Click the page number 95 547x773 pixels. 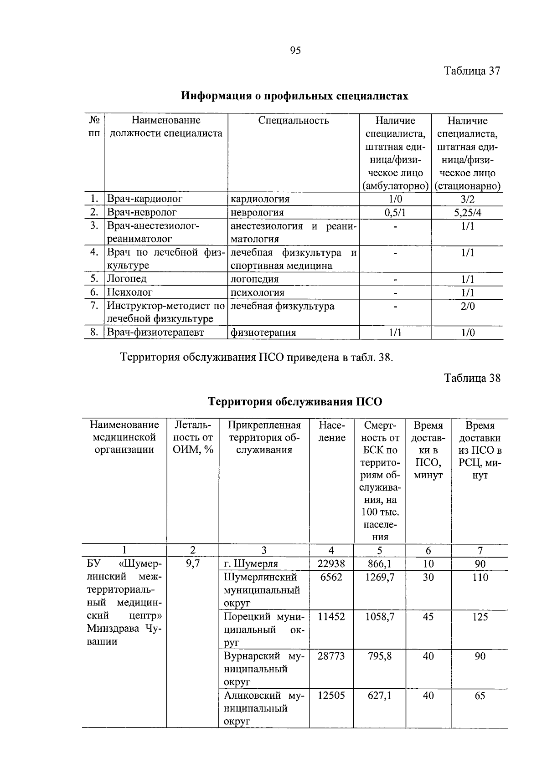point(295,51)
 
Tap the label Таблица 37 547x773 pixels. point(472,71)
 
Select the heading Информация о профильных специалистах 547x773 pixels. point(294,96)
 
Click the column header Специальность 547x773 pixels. point(293,121)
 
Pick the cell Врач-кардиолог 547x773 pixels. point(144,199)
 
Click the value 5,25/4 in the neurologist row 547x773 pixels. point(467,213)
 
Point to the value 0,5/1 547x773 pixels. point(395,213)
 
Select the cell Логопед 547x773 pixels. point(127,279)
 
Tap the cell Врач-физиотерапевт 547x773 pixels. point(155,333)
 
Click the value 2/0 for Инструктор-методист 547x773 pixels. point(467,306)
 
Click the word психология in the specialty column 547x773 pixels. point(258,292)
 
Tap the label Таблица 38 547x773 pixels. point(472,378)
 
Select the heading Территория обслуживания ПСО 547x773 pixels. point(295,402)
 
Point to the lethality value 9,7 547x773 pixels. point(193,564)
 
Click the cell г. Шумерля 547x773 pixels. point(251,564)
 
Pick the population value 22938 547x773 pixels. point(331,564)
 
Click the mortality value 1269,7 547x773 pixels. point(380,577)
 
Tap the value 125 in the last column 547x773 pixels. point(480,617)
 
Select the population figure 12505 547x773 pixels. point(331,696)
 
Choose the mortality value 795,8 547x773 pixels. point(380,656)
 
